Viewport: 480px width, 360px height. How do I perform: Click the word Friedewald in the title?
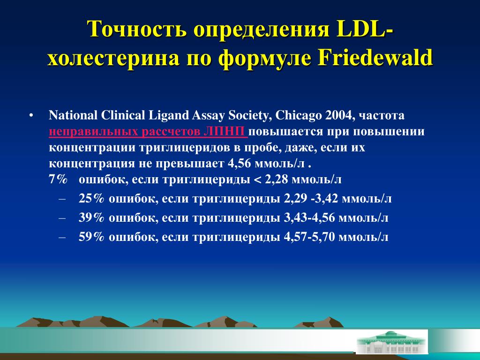[375, 57]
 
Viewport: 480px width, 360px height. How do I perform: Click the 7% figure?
[58, 180]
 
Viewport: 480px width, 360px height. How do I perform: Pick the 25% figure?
[91, 199]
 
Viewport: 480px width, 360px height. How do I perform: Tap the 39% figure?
[91, 217]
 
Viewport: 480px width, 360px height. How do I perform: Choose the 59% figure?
[91, 237]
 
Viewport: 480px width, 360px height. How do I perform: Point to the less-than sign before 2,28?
[258, 180]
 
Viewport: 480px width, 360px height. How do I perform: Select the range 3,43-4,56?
[309, 217]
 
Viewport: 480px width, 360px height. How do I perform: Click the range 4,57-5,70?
[309, 237]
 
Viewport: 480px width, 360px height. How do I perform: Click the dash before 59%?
[62, 237]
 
